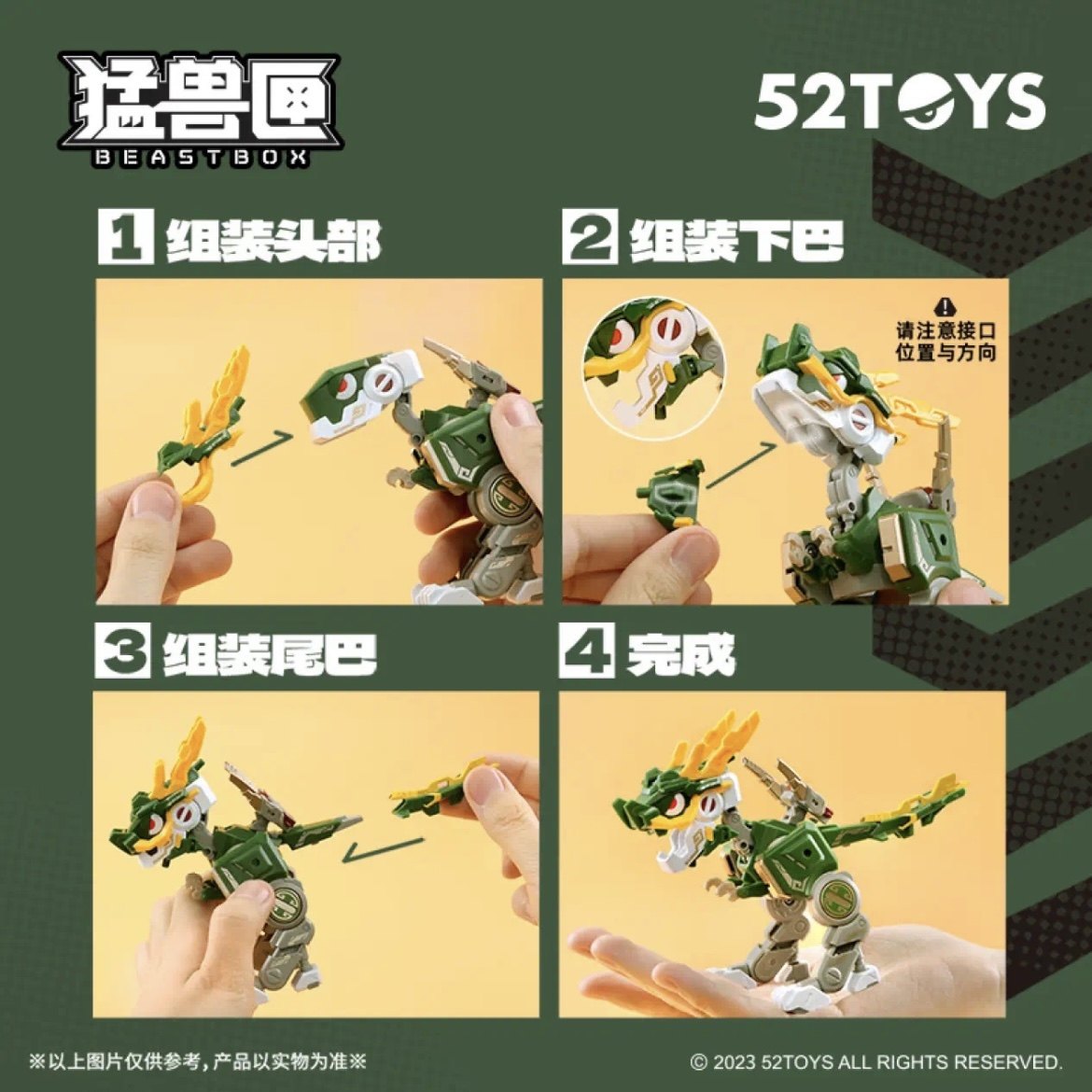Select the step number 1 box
point(124,238)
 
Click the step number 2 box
point(589,238)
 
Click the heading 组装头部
point(273,240)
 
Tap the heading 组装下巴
point(736,240)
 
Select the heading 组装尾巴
point(270,653)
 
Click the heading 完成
point(680,653)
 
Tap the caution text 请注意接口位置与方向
point(946,342)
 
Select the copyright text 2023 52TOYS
point(875,1062)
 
